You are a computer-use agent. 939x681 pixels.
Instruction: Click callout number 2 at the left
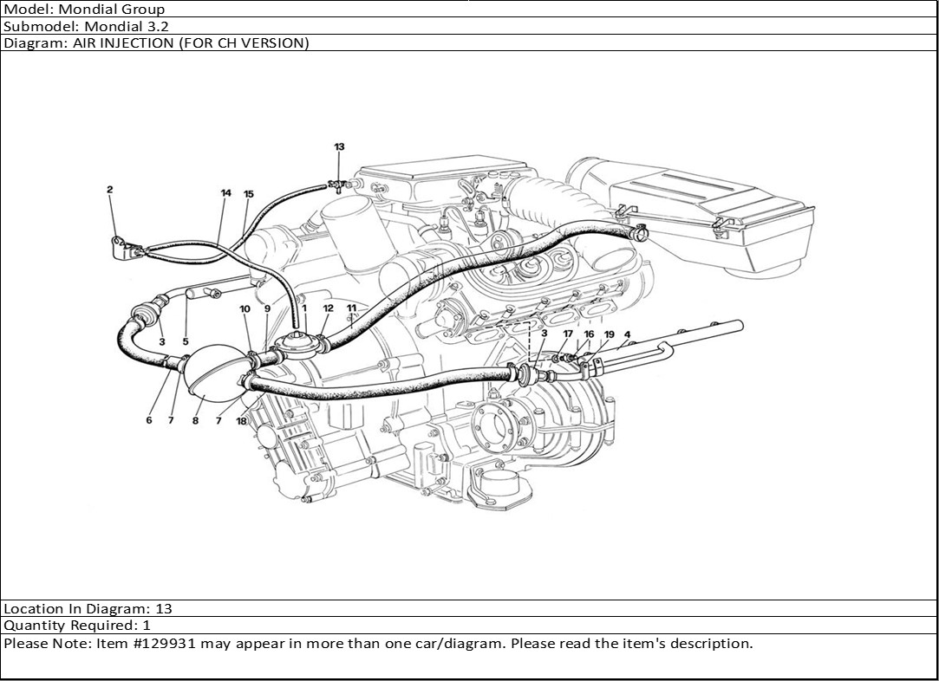pos(110,189)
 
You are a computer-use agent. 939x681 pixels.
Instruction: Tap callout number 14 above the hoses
pos(225,193)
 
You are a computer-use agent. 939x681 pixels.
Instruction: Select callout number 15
pos(249,193)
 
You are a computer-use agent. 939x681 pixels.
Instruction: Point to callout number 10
pos(245,308)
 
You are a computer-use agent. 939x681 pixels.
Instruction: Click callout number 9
pos(267,308)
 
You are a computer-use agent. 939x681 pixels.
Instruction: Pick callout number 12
pos(328,308)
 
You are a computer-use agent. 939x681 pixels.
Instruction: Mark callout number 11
pos(351,308)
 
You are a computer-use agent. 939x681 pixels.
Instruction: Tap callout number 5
pos(185,341)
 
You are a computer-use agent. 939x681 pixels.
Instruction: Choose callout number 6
pos(149,420)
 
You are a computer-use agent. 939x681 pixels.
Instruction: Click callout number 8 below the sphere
pos(195,421)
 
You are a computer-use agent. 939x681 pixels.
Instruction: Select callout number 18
pos(242,420)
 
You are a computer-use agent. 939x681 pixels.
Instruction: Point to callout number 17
pos(568,334)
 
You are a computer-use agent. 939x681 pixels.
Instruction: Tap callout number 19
pos(610,334)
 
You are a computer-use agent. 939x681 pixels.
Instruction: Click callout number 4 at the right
pos(627,334)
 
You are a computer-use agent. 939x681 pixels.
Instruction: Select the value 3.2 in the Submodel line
pos(157,26)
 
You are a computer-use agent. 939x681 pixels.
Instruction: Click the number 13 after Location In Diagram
pos(163,609)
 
